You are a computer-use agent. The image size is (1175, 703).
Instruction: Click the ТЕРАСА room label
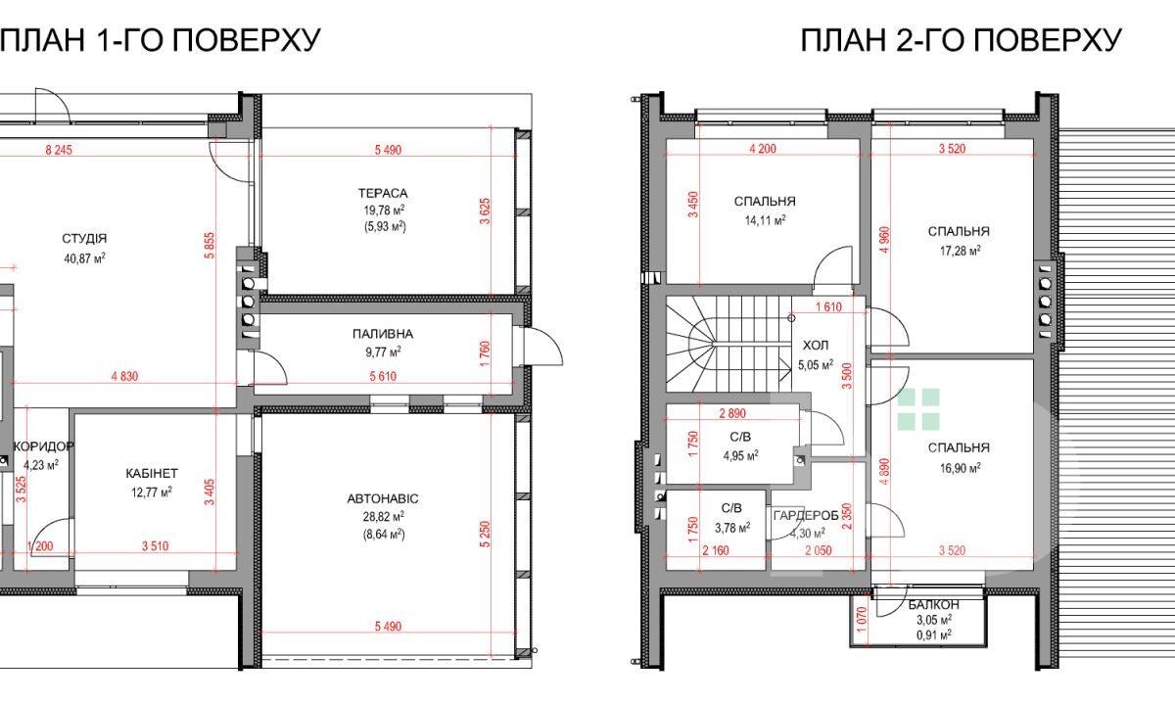(383, 193)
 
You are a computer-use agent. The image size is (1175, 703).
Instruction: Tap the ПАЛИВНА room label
(383, 334)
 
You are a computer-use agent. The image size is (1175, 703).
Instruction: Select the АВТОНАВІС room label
(383, 498)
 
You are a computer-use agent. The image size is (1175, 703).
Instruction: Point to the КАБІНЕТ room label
(152, 474)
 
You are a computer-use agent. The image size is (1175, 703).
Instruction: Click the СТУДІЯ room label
(84, 239)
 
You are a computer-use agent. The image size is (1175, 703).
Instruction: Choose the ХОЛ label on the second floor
(816, 346)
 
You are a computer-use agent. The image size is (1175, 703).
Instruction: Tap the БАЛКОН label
(934, 604)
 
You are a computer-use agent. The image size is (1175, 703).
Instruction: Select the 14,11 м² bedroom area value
(766, 220)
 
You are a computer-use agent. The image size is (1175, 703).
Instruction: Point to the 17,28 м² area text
(960, 251)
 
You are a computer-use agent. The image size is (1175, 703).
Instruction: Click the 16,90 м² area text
(960, 467)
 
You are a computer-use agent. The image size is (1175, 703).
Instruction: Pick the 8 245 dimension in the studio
(59, 150)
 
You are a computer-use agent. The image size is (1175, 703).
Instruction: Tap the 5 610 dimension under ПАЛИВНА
(383, 376)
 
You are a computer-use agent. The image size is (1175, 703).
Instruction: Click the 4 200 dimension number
(763, 149)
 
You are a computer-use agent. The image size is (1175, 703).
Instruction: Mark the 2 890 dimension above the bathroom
(732, 413)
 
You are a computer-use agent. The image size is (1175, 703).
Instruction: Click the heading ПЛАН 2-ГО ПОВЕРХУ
(962, 40)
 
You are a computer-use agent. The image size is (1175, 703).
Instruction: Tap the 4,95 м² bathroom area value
(740, 456)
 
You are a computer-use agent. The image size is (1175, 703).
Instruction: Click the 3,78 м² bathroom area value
(732, 527)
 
